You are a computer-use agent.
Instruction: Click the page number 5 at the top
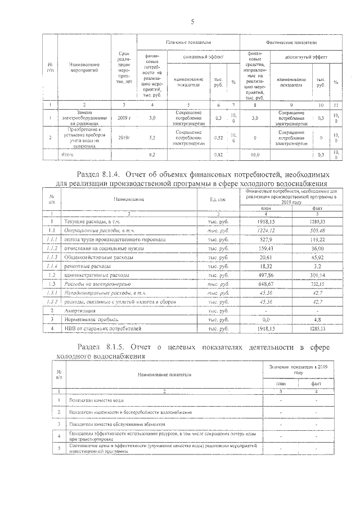click(192, 22)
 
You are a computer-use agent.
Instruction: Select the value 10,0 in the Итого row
click(254, 154)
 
